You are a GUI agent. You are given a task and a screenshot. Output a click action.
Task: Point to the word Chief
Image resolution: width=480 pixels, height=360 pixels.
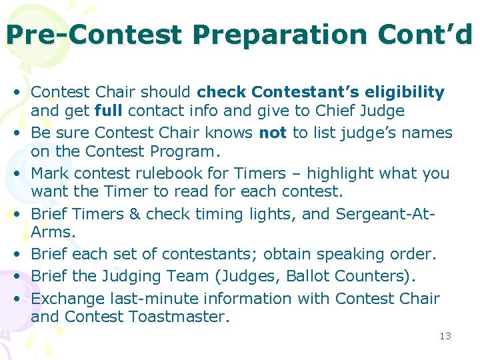(337, 111)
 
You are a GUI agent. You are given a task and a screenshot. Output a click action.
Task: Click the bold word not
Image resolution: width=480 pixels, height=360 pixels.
(272, 133)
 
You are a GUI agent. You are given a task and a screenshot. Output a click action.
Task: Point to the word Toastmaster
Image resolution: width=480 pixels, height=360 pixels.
(178, 317)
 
